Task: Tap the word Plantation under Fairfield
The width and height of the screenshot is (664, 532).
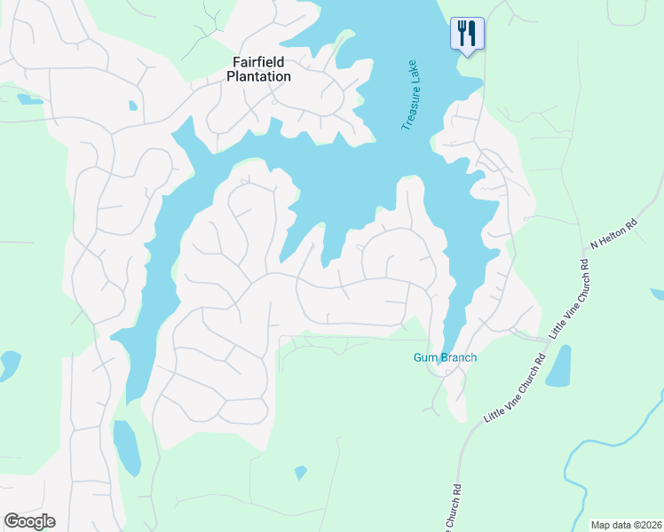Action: tap(262, 76)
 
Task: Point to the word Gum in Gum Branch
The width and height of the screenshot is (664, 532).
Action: tap(424, 358)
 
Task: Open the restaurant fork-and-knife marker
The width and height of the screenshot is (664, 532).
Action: tap(467, 34)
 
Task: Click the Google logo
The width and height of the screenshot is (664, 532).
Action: tap(29, 521)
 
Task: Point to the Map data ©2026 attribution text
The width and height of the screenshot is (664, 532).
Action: tap(625, 525)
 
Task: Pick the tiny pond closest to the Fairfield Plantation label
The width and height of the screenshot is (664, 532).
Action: tap(133, 106)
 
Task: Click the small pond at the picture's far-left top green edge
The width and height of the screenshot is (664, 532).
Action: tap(29, 98)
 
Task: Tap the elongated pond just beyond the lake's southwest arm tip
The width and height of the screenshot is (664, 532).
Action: tap(127, 448)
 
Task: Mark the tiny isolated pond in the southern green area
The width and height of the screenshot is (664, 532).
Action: tap(301, 473)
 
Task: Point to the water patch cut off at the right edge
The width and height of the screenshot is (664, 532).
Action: tap(658, 293)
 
